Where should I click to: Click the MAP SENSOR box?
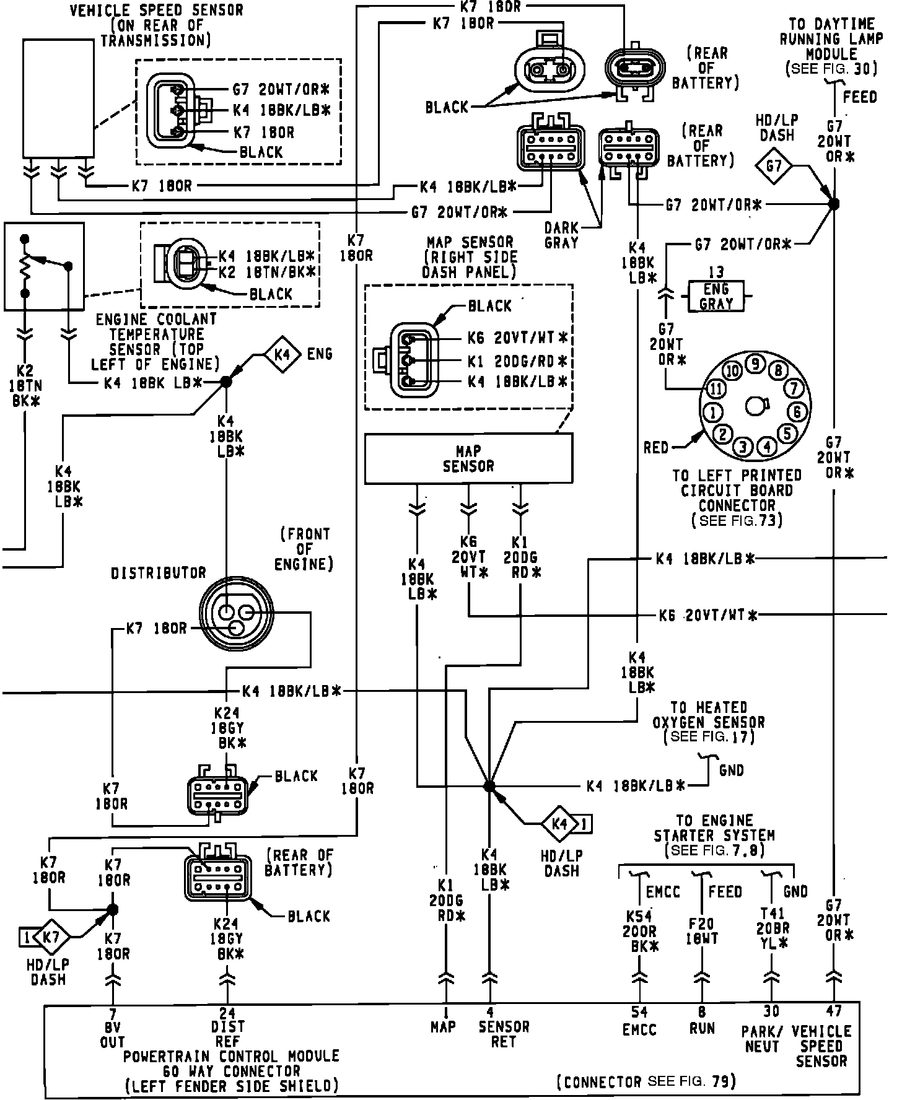468,458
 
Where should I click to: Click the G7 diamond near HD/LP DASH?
774,166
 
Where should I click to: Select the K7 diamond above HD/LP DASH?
53,937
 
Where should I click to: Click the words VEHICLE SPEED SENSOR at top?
156,11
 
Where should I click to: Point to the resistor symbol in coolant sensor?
25,266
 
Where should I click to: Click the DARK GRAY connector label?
561,235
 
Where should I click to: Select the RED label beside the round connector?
656,447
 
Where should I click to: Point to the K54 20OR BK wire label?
641,931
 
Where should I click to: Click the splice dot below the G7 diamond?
834,203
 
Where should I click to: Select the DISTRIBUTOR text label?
158,573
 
